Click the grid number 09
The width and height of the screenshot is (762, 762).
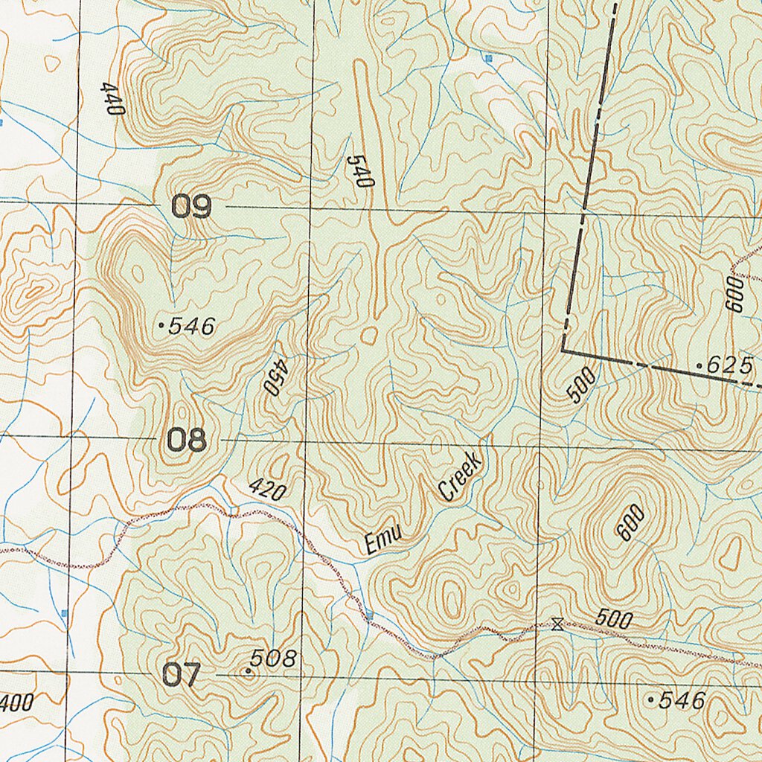pos(192,206)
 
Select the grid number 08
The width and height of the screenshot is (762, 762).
pos(185,441)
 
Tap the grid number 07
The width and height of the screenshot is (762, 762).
pos(181,675)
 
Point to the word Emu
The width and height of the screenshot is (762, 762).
pos(384,540)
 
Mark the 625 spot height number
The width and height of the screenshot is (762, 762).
pos(730,365)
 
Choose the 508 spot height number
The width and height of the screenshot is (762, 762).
pos(273,658)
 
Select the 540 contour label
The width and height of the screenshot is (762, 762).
pos(359,171)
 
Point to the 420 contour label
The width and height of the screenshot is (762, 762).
pos(267,489)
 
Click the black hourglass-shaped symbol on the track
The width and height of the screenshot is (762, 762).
pos(557,624)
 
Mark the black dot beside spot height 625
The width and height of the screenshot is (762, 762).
pos(699,365)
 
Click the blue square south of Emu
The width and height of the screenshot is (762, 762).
pos(369,615)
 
